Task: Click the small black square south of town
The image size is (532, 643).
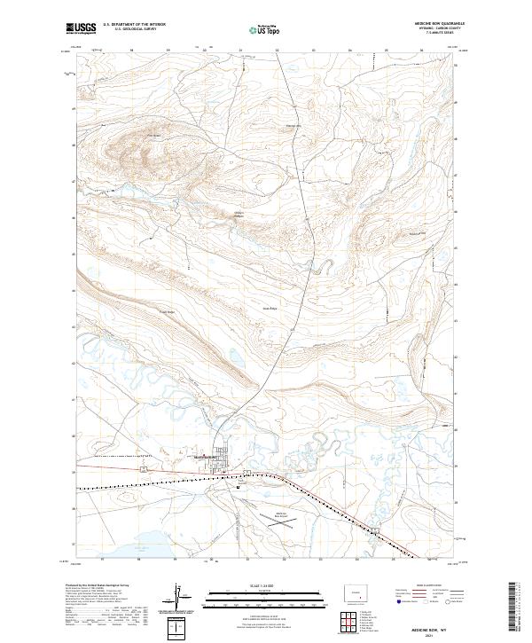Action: click(239, 488)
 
